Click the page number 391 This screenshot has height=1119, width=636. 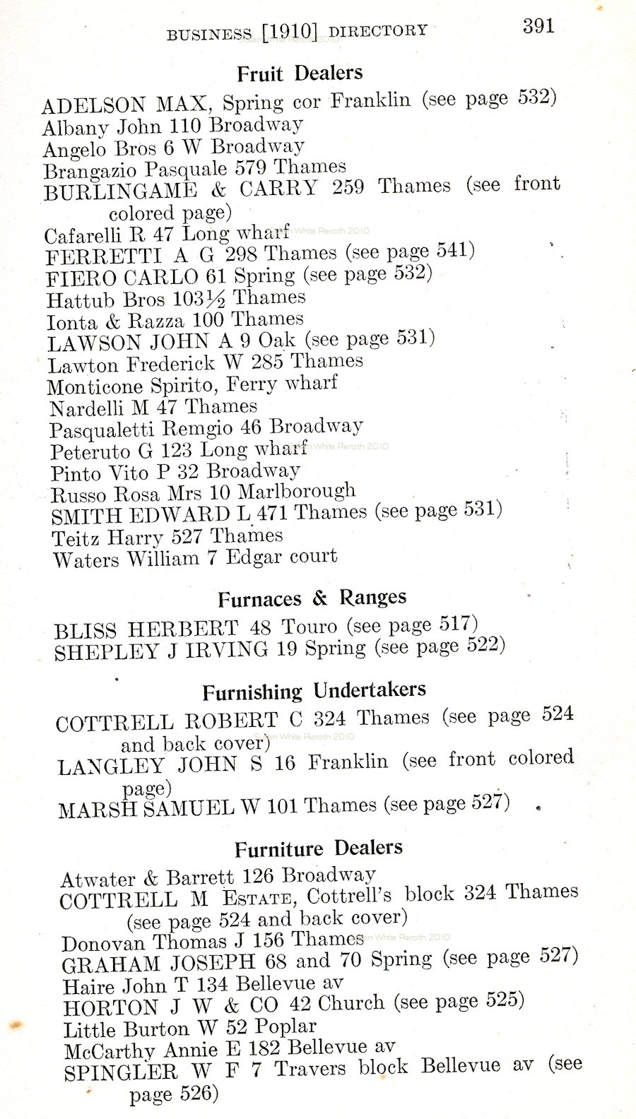tap(538, 26)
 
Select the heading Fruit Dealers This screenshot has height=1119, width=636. tap(300, 73)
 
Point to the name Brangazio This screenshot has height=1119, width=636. tap(91, 171)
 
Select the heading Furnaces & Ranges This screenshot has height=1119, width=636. tap(312, 599)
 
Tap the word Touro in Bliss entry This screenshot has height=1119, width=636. tap(310, 627)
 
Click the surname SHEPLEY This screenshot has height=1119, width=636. tap(107, 651)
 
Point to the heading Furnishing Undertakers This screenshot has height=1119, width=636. tap(314, 691)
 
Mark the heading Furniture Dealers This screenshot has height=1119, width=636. tap(319, 848)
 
